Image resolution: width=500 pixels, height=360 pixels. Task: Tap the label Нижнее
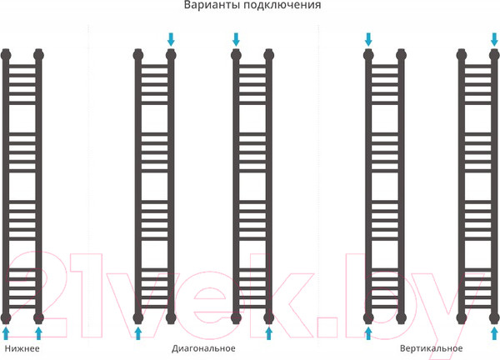tap(22, 348)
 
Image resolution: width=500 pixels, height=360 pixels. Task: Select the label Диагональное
tap(204, 348)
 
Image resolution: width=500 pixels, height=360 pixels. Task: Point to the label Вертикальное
tap(431, 348)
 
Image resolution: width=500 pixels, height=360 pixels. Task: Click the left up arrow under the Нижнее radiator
tap(6, 332)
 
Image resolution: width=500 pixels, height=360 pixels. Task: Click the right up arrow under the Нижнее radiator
tap(38, 332)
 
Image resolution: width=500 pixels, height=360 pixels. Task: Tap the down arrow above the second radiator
tap(171, 39)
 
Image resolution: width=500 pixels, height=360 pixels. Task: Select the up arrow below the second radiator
tap(138, 332)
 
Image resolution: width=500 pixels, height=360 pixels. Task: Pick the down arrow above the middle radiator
tap(236, 39)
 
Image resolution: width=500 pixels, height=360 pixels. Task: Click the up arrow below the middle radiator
tap(269, 332)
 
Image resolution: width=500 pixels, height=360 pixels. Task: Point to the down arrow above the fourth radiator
tap(368, 39)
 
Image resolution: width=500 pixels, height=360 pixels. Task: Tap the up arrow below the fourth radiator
tap(368, 332)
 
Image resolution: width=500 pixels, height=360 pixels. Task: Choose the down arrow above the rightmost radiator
tap(494, 39)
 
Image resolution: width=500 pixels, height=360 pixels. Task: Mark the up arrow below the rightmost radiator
tap(494, 332)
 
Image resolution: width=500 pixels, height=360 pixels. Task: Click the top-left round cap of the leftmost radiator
tap(6, 55)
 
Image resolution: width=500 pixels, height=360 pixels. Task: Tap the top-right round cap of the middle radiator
tap(269, 55)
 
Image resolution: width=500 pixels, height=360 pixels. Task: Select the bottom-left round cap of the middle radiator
tap(236, 317)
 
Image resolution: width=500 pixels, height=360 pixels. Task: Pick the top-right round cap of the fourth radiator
tap(401, 55)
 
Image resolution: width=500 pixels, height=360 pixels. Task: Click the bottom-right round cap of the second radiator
tap(171, 317)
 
